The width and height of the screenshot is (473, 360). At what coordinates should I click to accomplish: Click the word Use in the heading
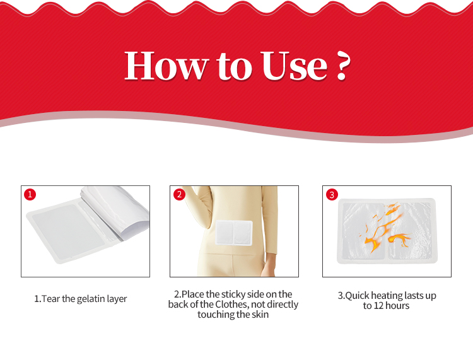pos(294,66)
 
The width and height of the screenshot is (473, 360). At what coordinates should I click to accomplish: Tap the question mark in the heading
pos(343,66)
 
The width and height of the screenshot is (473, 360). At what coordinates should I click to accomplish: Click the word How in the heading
pos(166,66)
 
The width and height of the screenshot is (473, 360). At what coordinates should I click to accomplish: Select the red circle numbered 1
pos(30,194)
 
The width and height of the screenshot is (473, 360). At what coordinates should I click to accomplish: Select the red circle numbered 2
pos(179,194)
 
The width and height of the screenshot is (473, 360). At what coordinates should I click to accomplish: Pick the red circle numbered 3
pos(332,194)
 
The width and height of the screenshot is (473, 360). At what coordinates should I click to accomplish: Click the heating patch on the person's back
pos(234,233)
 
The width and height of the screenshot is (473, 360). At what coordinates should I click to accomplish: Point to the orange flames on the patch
pos(385,228)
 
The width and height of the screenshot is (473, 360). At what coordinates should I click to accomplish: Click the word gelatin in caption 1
pos(90,299)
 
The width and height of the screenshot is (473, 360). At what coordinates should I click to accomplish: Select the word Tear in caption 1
pos(50,299)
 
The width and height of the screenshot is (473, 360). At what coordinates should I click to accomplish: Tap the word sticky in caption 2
pos(234,294)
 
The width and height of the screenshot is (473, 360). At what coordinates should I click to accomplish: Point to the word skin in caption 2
pos(260,315)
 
